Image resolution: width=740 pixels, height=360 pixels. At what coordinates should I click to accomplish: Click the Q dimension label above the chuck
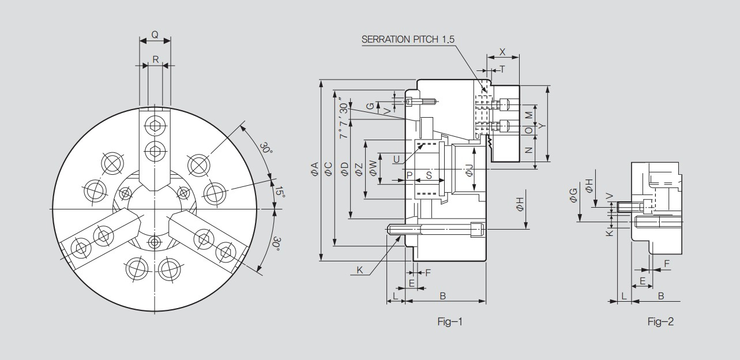click(x=155, y=34)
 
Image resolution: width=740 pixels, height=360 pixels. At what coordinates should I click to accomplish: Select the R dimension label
click(x=155, y=59)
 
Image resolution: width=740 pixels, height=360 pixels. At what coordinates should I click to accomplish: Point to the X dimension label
click(x=502, y=51)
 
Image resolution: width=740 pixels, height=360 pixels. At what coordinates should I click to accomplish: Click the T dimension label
click(x=502, y=69)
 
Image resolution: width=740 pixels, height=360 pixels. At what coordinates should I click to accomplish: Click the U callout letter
click(x=396, y=159)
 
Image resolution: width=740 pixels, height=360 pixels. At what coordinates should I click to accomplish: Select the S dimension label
click(x=429, y=174)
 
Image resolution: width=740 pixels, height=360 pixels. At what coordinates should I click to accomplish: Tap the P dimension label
click(x=409, y=174)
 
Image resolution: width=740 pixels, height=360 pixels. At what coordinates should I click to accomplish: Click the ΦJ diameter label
click(x=469, y=170)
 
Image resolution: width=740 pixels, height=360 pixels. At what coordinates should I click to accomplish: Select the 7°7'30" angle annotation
click(x=344, y=118)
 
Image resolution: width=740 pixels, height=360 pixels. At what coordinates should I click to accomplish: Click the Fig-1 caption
click(x=450, y=321)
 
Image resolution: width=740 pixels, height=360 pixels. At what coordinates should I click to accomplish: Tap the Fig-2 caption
click(x=660, y=321)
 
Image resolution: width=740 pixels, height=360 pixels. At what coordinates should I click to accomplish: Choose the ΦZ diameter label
click(x=359, y=169)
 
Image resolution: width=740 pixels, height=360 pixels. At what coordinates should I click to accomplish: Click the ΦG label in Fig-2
click(x=573, y=195)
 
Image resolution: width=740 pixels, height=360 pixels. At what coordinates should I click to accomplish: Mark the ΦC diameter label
click(x=328, y=169)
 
